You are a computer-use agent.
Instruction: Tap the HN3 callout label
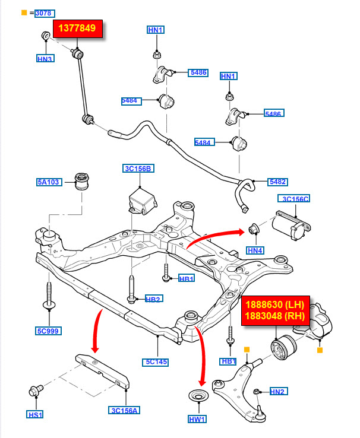45,59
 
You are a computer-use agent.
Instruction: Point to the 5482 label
276,181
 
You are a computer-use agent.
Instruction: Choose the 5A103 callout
48,182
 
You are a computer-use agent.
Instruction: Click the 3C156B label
139,169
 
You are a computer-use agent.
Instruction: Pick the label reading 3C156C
295,199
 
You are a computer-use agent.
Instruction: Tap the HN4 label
255,250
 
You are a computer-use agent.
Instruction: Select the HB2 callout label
154,299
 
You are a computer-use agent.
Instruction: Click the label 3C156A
125,410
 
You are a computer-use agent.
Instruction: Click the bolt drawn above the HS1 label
36,392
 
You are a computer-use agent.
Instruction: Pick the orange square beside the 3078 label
24,12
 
